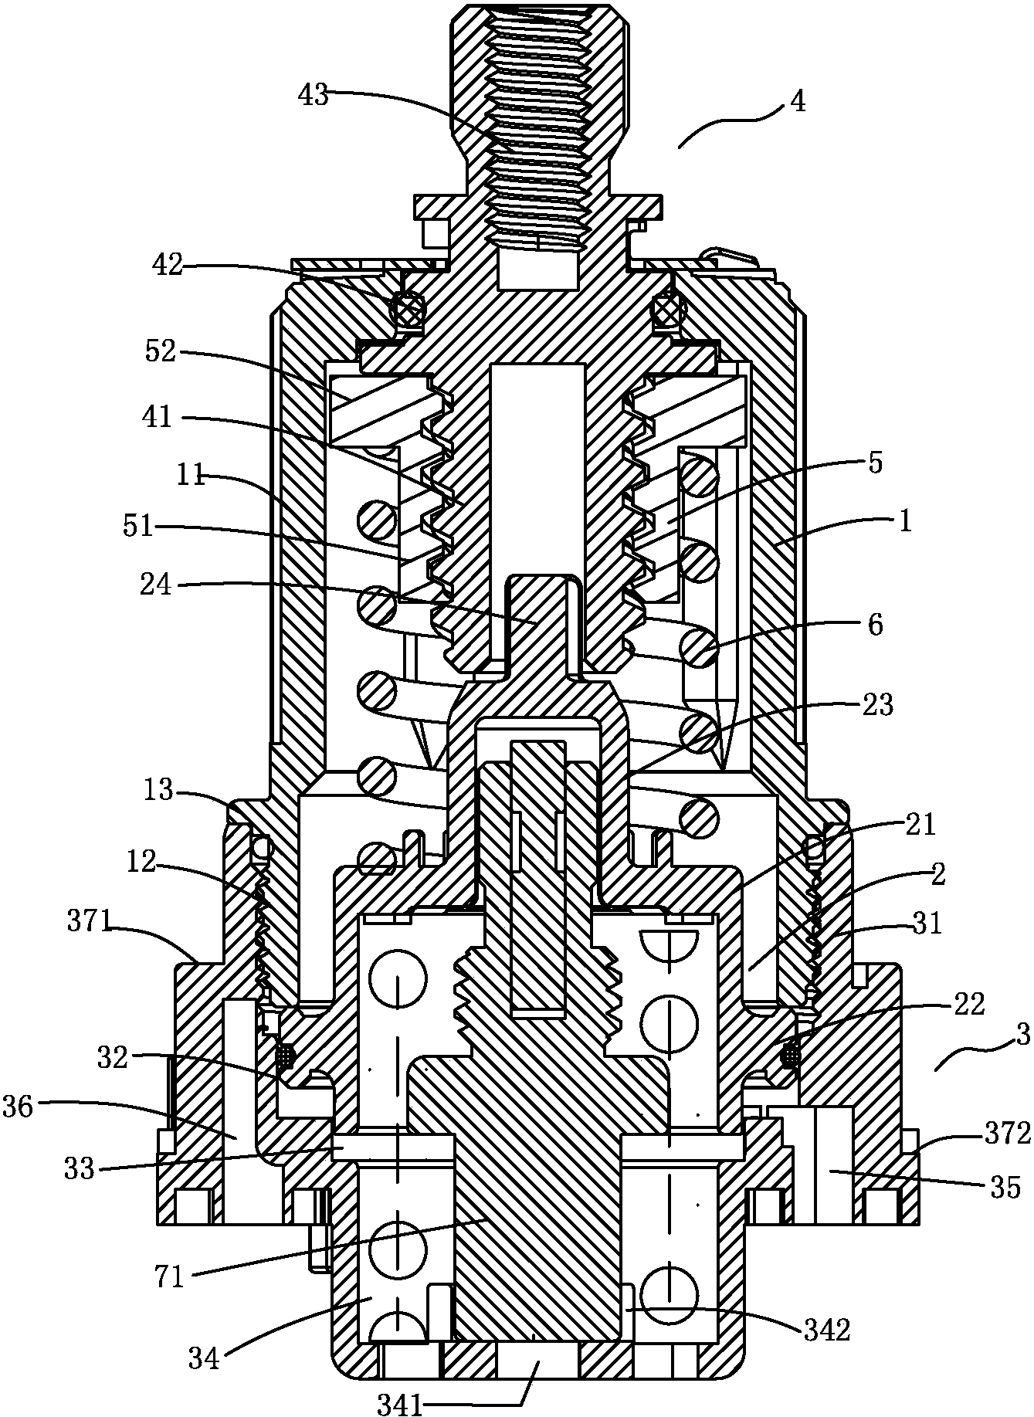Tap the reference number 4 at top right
(798, 102)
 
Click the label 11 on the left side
(188, 476)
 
